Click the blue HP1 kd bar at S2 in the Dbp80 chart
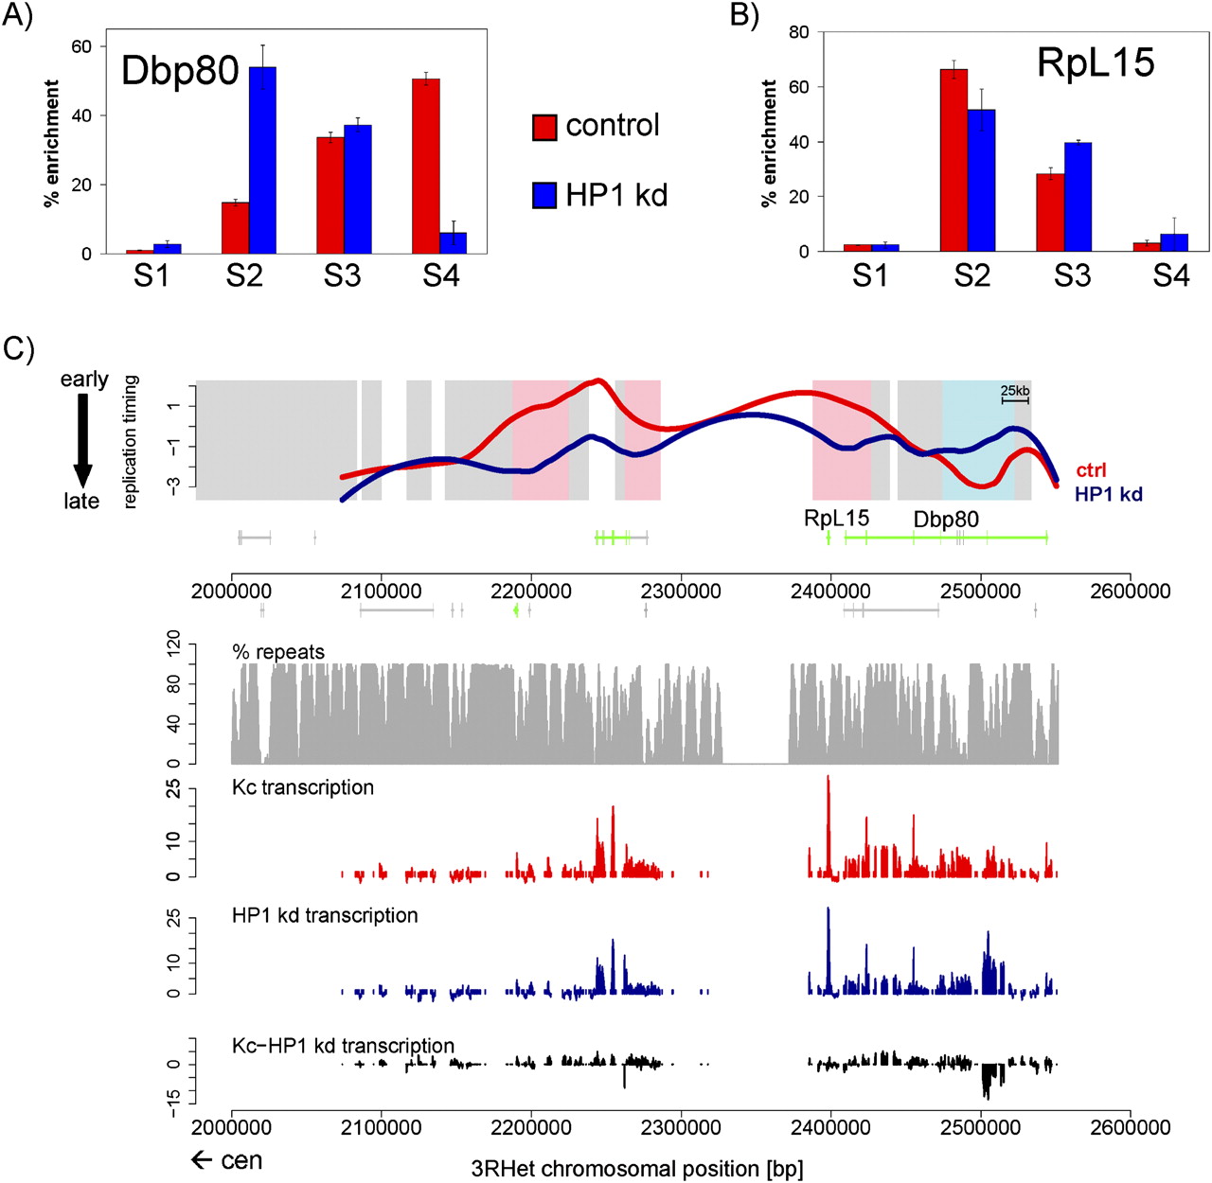pos(262,160)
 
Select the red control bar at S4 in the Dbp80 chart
pos(426,167)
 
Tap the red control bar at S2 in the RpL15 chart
pos(954,160)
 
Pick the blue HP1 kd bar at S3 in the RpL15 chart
pos(1078,197)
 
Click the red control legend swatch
pos(544,127)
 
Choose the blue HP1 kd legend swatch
pos(544,196)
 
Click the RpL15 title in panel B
pos(1096,62)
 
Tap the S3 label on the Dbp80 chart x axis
pos(342,275)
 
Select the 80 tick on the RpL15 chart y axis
pos(798,32)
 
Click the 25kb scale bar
pos(1015,401)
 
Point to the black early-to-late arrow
pos(82,440)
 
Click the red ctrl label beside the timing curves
pos(1091,470)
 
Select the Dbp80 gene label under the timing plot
pos(946,520)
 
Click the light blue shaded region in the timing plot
pos(978,440)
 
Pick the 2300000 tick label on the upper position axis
pos(682,591)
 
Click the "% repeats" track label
pos(278,652)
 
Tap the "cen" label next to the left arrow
pos(242,1160)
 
